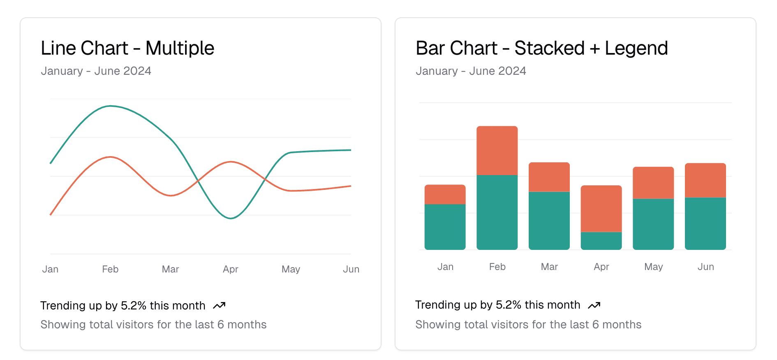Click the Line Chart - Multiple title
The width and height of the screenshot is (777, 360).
click(x=127, y=48)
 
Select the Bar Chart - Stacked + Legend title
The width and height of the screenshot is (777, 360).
click(x=541, y=48)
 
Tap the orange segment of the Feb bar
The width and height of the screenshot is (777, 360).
click(x=497, y=150)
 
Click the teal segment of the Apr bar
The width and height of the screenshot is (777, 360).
click(x=601, y=241)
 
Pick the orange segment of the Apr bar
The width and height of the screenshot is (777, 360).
click(x=601, y=208)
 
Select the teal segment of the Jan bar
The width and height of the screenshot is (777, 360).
click(x=445, y=226)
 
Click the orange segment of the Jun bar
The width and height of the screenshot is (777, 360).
click(x=705, y=180)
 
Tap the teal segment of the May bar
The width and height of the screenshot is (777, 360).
click(x=653, y=224)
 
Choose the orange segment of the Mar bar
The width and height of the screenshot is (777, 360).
click(x=549, y=177)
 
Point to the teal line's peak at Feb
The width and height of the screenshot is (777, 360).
click(x=110, y=106)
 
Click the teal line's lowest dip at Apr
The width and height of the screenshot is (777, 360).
click(x=231, y=218)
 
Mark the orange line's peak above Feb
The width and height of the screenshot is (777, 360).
click(x=110, y=157)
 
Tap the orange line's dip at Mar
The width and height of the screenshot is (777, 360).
click(x=171, y=196)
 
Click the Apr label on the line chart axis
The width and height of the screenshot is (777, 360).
click(x=231, y=269)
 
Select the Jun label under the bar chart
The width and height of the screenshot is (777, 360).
click(x=705, y=267)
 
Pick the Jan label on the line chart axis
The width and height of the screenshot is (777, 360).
click(x=50, y=269)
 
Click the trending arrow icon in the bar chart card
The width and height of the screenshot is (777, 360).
click(x=594, y=305)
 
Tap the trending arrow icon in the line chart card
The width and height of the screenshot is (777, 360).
click(x=219, y=306)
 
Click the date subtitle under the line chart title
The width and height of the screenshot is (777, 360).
click(x=96, y=71)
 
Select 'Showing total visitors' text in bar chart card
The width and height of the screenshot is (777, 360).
click(x=528, y=325)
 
